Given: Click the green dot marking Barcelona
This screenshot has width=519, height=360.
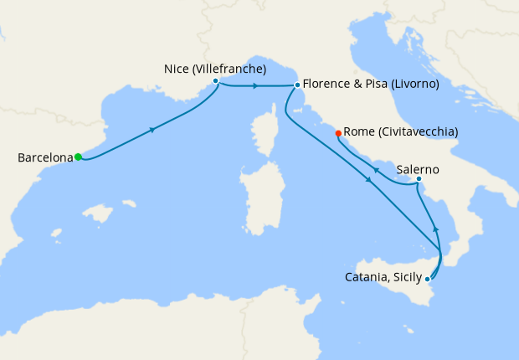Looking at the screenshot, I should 78,157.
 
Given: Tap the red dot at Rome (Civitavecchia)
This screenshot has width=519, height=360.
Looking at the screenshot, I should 338,132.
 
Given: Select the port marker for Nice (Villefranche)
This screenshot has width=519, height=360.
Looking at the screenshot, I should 216,81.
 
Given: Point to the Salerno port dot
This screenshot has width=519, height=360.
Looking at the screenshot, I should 419,178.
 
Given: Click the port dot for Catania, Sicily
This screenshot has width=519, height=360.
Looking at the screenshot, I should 428,278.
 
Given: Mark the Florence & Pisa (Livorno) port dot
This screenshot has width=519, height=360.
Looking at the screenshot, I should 297,85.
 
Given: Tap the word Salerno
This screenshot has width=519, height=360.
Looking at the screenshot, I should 418,169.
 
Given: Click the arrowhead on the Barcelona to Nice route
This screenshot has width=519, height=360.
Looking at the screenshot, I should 152,130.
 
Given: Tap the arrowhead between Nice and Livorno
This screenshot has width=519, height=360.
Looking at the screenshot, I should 254,85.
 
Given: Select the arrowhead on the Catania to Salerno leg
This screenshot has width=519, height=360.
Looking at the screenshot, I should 435,228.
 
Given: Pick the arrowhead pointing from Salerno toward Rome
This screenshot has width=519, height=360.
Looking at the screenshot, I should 376,171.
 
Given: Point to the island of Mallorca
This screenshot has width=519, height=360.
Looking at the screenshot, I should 100,215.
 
